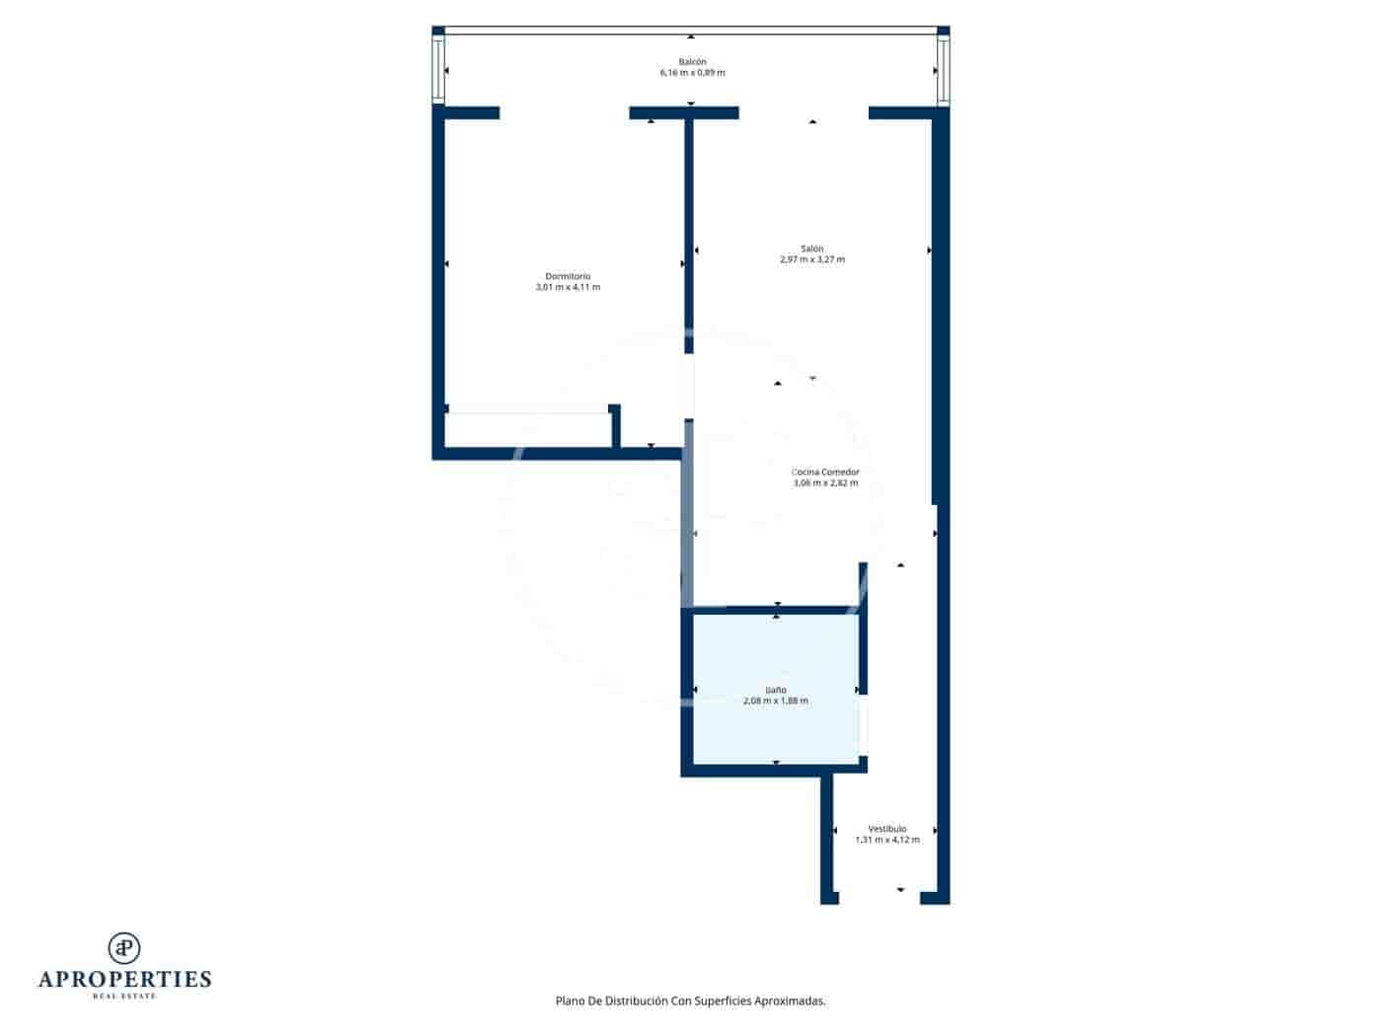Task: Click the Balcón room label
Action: pyautogui.click(x=692, y=61)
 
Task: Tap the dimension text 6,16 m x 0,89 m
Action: pyautogui.click(x=692, y=73)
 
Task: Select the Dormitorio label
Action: pyautogui.click(x=568, y=276)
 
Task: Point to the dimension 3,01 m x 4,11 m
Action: pyautogui.click(x=568, y=288)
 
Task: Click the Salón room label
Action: pyautogui.click(x=811, y=249)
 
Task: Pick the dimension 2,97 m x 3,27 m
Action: pyautogui.click(x=811, y=260)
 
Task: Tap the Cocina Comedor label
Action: pyautogui.click(x=825, y=472)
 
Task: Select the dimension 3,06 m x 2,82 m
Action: pyautogui.click(x=825, y=483)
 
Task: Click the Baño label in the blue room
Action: pyautogui.click(x=776, y=690)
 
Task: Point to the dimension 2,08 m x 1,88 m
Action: pyautogui.click(x=776, y=702)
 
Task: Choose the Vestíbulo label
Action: pyautogui.click(x=886, y=829)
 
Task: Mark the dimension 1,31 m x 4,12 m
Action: pyautogui.click(x=886, y=841)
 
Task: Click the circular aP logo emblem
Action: pyautogui.click(x=124, y=947)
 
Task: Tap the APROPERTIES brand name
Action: pyautogui.click(x=124, y=980)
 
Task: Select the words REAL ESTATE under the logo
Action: pyautogui.click(x=124, y=997)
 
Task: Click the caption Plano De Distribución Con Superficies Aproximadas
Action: pyautogui.click(x=690, y=1000)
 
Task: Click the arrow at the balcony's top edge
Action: pyautogui.click(x=691, y=35)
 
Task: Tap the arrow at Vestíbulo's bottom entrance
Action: pyautogui.click(x=900, y=890)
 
